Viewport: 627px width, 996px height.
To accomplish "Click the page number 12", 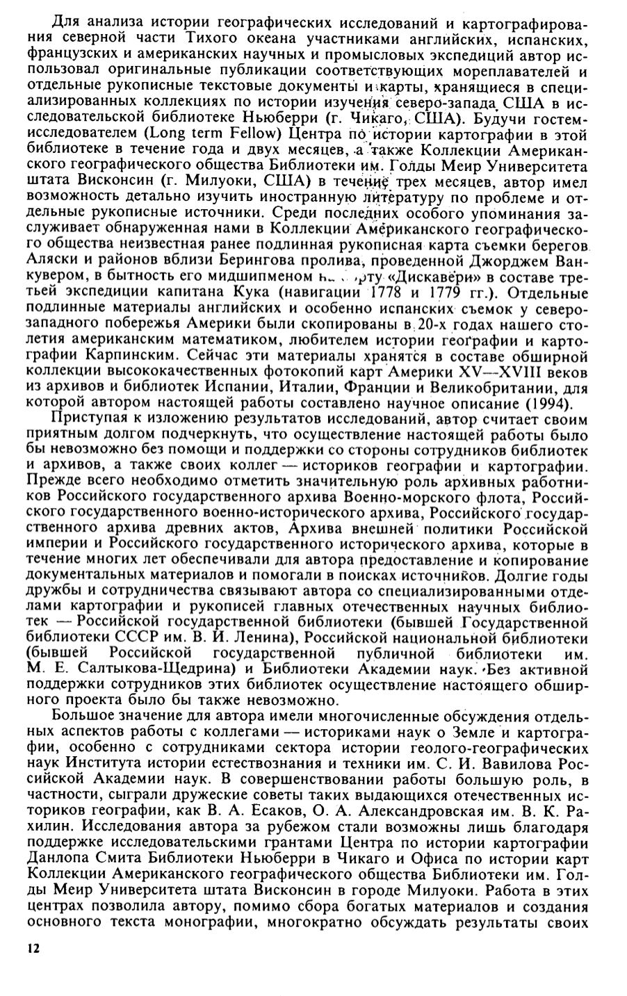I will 31,949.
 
